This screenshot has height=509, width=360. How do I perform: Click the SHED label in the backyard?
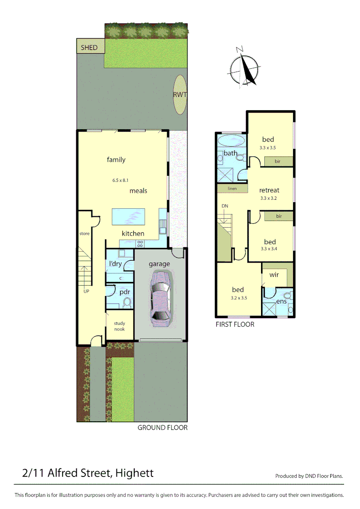click(x=89, y=47)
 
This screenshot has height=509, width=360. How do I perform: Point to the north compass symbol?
click(x=244, y=68)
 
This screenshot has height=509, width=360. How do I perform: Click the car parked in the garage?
click(x=160, y=301)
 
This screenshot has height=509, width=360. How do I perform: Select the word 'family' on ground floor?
click(x=116, y=160)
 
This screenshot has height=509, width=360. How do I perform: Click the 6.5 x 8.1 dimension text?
click(x=121, y=180)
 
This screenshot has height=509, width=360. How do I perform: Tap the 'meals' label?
click(x=139, y=191)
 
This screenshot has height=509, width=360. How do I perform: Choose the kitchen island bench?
click(x=128, y=217)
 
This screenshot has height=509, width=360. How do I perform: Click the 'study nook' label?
click(x=119, y=326)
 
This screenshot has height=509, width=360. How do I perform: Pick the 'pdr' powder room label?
click(x=124, y=292)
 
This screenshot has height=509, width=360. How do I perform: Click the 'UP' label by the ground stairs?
click(x=86, y=291)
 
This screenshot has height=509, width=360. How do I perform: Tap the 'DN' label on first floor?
click(x=225, y=206)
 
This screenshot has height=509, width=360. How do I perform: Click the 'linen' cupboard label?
click(x=232, y=189)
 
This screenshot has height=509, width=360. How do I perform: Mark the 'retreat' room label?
click(x=269, y=190)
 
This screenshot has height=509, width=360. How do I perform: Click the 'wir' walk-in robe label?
click(x=274, y=274)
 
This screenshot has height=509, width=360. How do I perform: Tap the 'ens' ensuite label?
click(x=281, y=301)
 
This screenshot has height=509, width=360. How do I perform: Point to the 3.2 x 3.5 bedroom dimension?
click(x=239, y=298)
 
